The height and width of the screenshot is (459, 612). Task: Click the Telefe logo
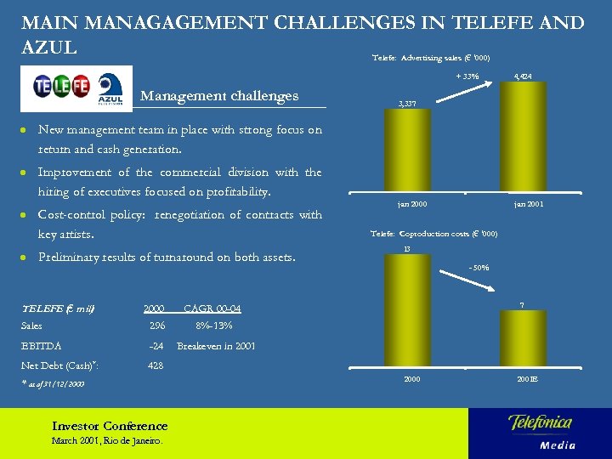tap(61, 86)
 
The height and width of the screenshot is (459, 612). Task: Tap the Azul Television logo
tap(111, 86)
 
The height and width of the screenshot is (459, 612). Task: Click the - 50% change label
tap(479, 268)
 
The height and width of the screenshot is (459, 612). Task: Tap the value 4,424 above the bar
tap(523, 76)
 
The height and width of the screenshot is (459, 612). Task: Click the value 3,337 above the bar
tap(407, 105)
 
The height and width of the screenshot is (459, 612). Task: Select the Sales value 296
tap(156, 326)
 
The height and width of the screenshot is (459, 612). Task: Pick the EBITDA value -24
tap(156, 346)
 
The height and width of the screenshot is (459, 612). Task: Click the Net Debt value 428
tap(156, 365)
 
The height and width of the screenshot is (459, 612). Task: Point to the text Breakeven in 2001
tap(215, 346)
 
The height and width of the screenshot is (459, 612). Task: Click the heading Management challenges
tap(219, 96)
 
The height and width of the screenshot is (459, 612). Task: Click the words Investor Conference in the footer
tap(110, 426)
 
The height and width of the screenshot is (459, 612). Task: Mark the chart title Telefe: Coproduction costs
tap(434, 234)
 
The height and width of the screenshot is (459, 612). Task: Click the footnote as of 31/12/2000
tap(54, 384)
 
